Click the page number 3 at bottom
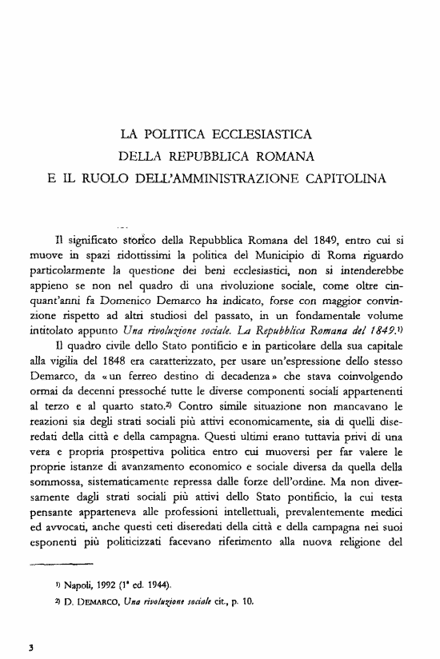(x=29, y=645)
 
